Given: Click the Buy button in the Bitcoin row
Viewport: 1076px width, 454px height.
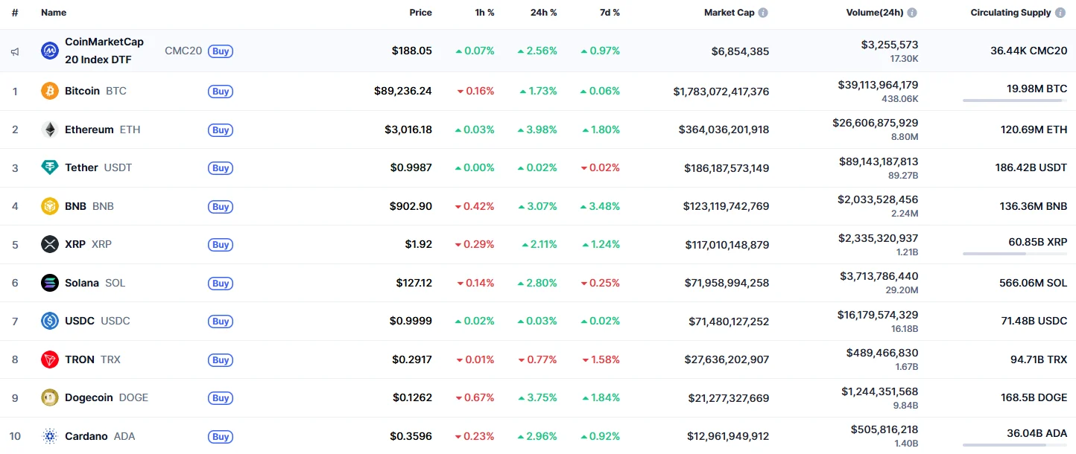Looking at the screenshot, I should click(221, 92).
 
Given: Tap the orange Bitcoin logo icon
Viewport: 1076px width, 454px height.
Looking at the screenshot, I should click(50, 91).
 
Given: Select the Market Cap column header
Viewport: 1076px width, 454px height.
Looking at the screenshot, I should click(729, 13).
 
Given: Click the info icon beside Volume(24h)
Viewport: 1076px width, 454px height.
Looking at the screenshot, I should click(912, 13).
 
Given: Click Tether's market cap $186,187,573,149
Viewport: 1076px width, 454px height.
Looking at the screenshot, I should click(727, 168).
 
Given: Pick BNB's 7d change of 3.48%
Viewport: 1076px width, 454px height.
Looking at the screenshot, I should click(600, 206).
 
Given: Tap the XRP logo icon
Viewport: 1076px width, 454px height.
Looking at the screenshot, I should click(50, 244).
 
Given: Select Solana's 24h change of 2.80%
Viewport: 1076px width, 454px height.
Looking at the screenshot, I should click(537, 283).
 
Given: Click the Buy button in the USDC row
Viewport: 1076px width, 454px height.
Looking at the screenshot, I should click(221, 322).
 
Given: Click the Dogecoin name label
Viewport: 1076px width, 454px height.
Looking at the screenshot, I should click(89, 397).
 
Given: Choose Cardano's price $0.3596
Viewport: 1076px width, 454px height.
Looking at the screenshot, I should click(412, 436).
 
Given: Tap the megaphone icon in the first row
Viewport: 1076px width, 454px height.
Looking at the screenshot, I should click(15, 51).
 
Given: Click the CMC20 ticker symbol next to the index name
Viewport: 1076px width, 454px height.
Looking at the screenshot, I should click(183, 51).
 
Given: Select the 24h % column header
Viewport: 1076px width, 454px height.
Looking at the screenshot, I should click(542, 13).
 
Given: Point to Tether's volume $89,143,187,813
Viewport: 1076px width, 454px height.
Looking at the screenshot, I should click(878, 162).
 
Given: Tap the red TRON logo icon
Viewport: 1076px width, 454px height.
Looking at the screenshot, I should click(50, 359).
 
